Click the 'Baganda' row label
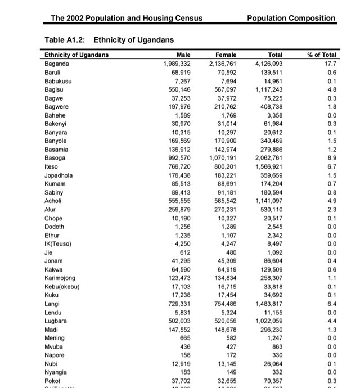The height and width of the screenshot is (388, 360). click(x=56, y=64)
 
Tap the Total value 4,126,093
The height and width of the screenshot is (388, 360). click(x=268, y=64)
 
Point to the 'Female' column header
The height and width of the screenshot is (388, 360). click(x=226, y=55)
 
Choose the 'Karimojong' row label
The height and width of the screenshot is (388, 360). click(x=61, y=278)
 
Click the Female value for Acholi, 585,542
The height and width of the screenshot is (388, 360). click(x=223, y=201)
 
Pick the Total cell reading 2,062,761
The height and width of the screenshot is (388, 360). click(x=268, y=159)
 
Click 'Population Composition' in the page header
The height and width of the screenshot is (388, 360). click(x=291, y=18)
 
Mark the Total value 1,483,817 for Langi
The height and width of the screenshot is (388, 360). click(x=268, y=304)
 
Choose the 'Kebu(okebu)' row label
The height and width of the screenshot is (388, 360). click(x=62, y=287)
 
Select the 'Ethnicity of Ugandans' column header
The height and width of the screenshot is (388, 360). click(x=76, y=55)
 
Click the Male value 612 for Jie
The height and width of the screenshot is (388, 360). click(x=184, y=252)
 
